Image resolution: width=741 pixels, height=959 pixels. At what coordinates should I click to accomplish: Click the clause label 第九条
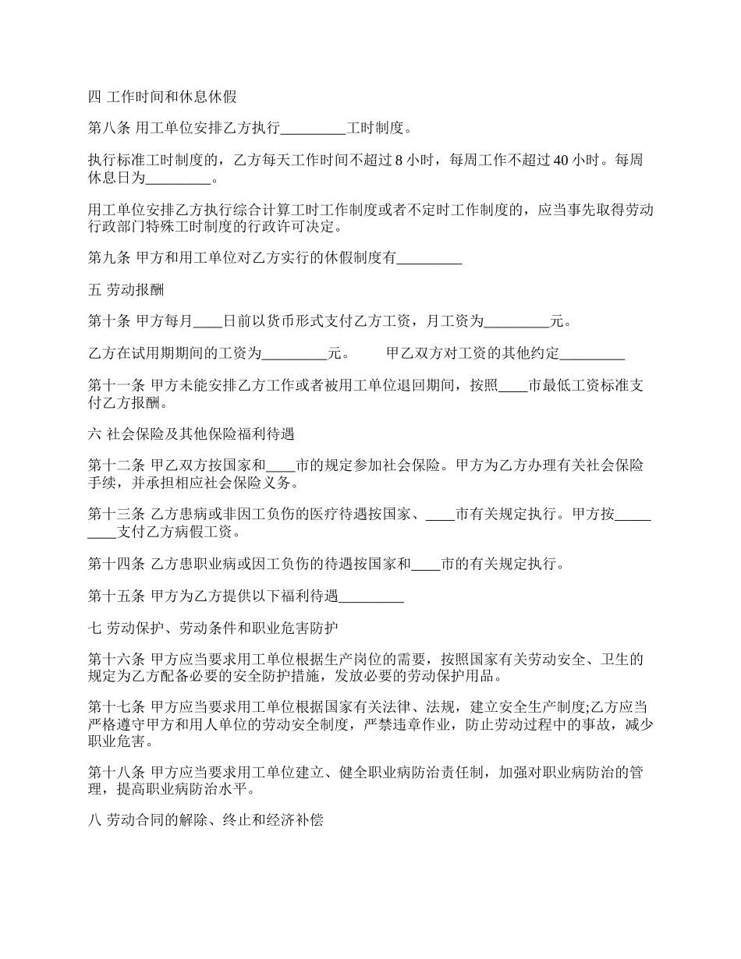(x=110, y=260)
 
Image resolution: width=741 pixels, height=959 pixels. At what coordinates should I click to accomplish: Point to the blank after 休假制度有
(x=430, y=260)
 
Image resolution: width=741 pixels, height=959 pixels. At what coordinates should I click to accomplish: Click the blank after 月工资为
(x=517, y=320)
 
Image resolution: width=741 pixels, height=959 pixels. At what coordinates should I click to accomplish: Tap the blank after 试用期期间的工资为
(x=294, y=353)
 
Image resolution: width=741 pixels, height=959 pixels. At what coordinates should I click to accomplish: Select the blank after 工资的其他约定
(x=593, y=353)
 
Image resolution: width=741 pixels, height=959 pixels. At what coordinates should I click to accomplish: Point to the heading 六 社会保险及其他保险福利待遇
(x=191, y=433)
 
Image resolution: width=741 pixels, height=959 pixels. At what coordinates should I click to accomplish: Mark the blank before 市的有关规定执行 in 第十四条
(x=426, y=564)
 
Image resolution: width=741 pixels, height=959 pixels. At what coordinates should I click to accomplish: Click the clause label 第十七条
(x=116, y=707)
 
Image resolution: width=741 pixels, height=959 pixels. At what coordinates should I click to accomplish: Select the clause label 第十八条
(x=116, y=773)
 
